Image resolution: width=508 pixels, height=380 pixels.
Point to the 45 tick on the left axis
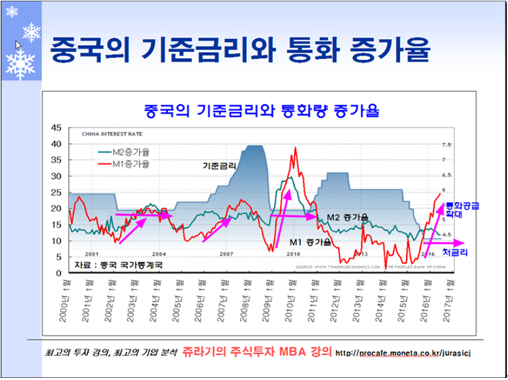click(55, 128)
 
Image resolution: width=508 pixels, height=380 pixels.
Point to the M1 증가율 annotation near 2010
click(310, 243)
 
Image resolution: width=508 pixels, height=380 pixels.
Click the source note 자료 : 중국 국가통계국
click(118, 264)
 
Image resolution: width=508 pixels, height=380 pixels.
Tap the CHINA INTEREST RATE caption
click(110, 133)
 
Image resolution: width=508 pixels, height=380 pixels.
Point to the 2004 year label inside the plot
click(159, 254)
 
